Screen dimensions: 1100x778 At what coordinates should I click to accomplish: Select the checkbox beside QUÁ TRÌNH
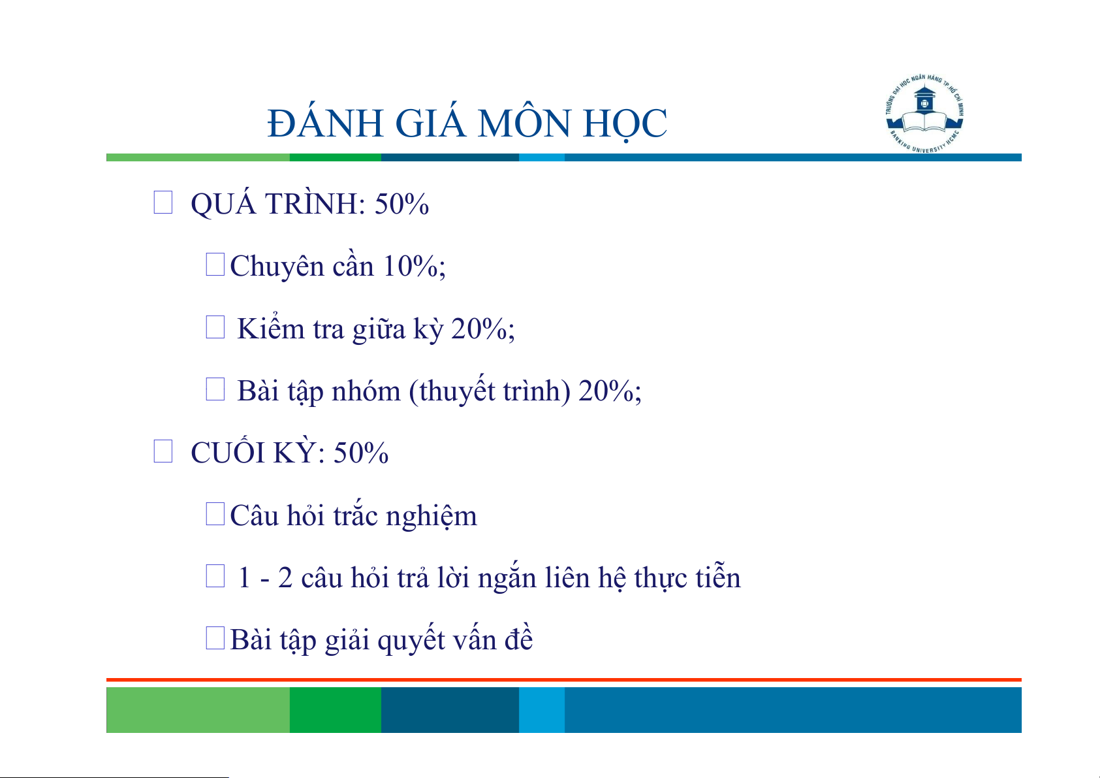163,203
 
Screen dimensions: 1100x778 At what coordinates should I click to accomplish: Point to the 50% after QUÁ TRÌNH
401,204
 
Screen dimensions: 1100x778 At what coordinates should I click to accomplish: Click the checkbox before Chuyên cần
215,265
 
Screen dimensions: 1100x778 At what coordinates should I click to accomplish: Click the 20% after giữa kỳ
479,329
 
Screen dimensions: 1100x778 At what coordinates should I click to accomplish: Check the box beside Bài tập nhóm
215,389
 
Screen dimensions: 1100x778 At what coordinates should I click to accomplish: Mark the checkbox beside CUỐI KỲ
163,451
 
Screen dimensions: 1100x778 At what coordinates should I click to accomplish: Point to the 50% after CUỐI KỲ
361,453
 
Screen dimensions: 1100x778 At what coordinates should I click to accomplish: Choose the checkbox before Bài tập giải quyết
215,638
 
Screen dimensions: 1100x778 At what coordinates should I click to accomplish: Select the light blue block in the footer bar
542,709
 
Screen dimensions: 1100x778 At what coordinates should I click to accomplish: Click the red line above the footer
564,680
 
